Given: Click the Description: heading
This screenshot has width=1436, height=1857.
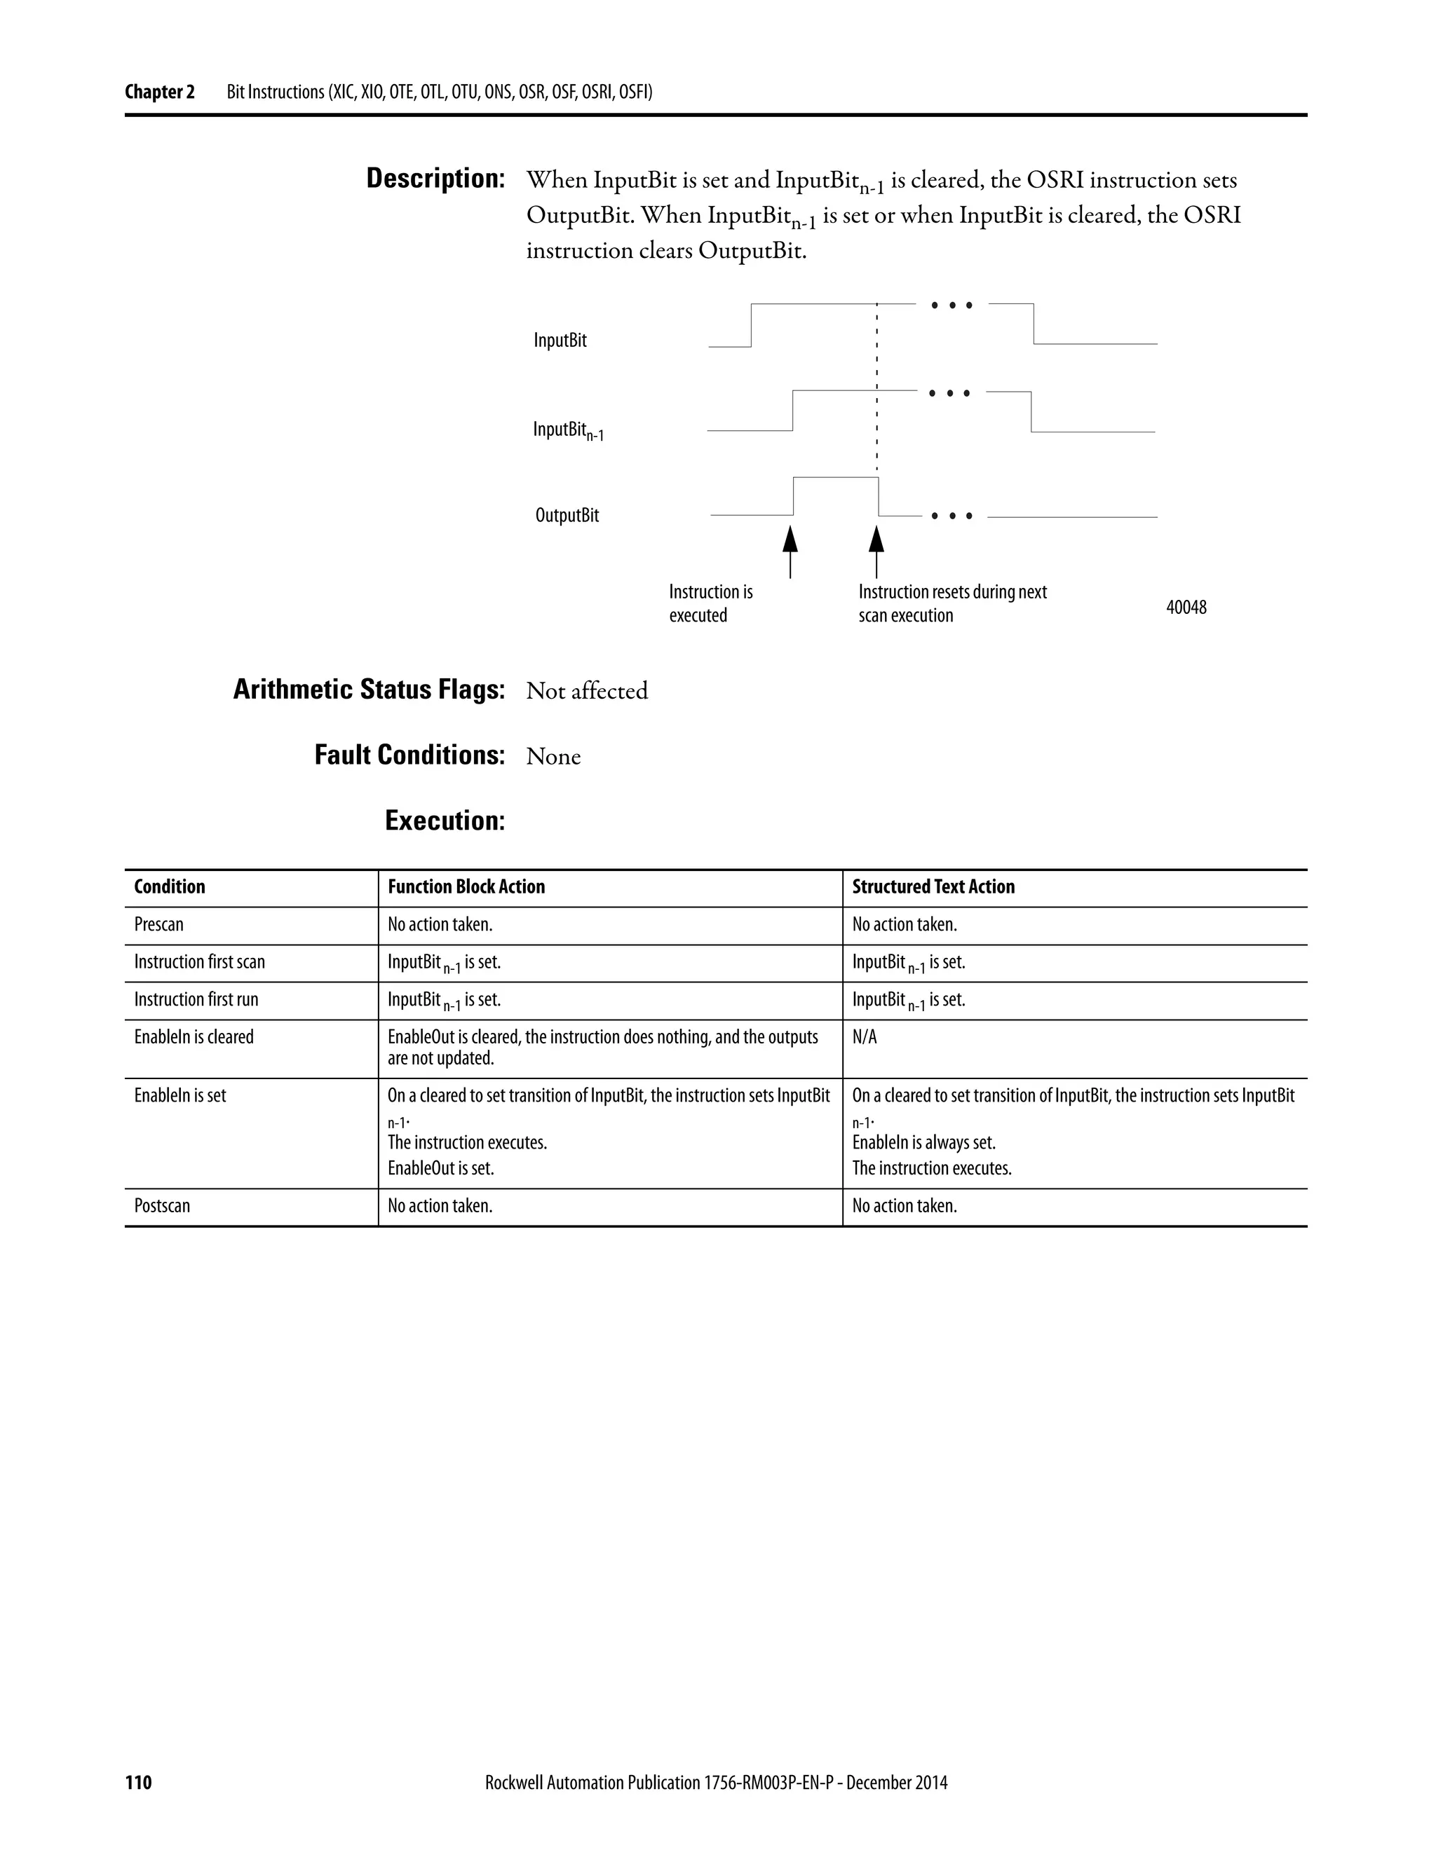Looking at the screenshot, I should tap(435, 179).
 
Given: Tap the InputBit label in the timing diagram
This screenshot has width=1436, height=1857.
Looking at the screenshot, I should tap(560, 340).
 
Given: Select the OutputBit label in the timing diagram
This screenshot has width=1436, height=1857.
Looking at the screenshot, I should tap(567, 515).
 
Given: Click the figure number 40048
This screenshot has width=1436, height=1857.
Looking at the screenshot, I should tap(1185, 607).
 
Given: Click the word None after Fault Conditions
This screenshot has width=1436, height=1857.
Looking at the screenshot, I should tap(553, 757).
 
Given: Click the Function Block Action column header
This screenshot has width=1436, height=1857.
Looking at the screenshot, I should tap(466, 887).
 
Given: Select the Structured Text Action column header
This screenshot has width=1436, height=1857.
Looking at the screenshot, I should tap(933, 887).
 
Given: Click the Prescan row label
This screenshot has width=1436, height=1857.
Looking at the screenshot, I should tap(159, 924).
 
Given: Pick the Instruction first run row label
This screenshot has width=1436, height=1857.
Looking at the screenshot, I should tap(196, 999).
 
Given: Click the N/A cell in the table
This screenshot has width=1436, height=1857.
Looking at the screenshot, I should tap(865, 1037).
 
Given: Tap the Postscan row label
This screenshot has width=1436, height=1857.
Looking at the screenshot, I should tap(163, 1206).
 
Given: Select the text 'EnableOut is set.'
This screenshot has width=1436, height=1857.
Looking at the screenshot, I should tap(440, 1168).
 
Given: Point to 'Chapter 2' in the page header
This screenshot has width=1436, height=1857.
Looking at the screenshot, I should tap(160, 92).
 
